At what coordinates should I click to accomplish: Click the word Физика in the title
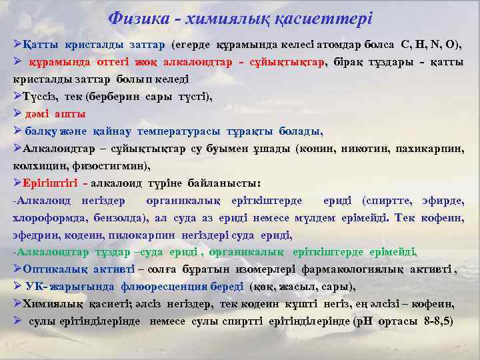click(x=135, y=19)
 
